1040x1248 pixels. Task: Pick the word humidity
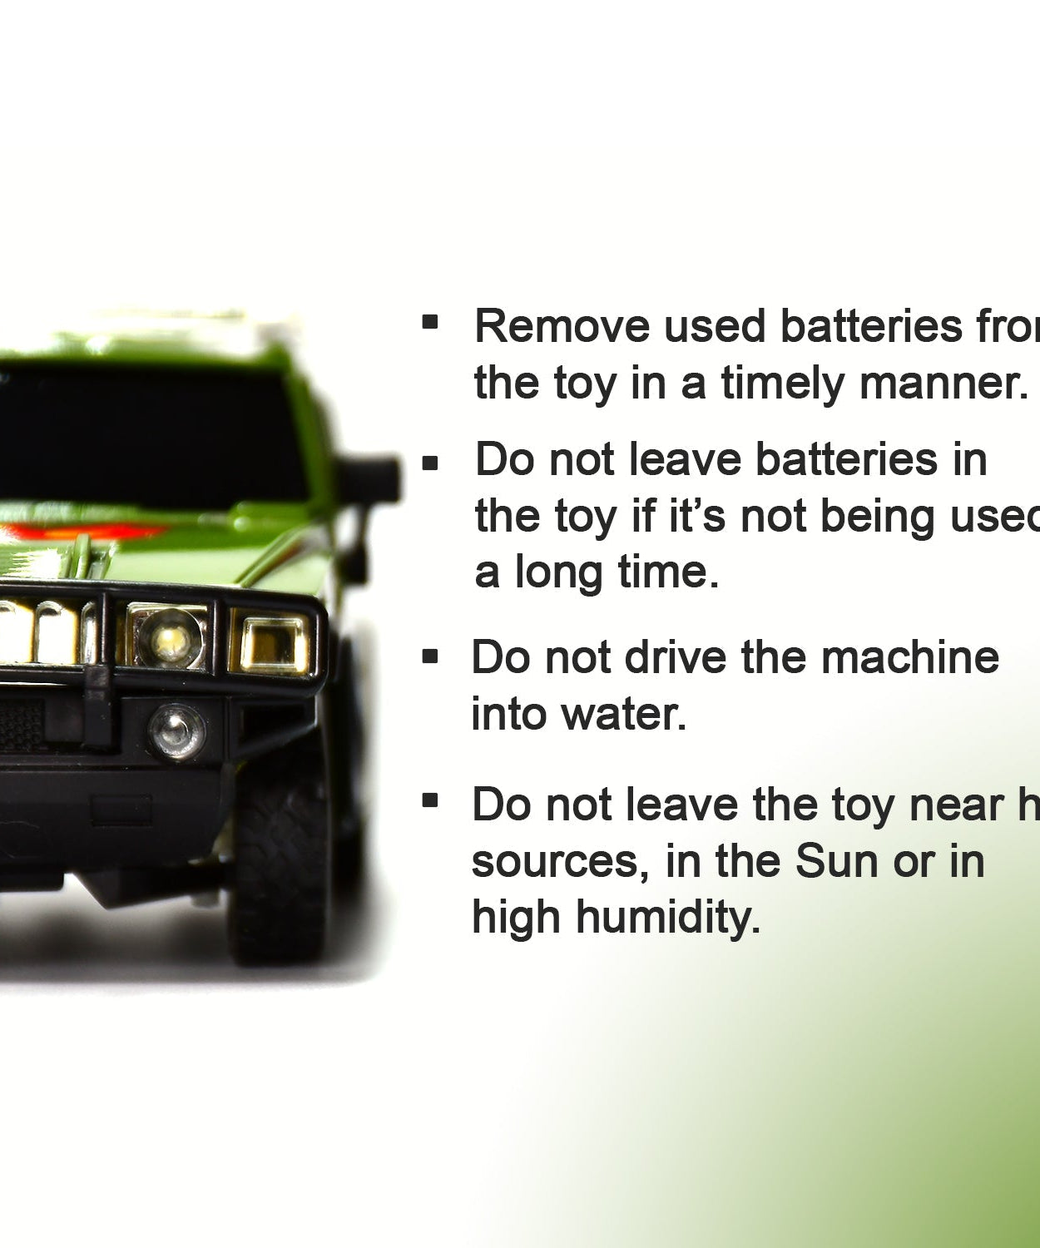coord(668,918)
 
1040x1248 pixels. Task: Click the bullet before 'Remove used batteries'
coord(430,321)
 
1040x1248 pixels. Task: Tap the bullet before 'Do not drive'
coord(430,656)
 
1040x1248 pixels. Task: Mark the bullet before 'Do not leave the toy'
coord(430,801)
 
